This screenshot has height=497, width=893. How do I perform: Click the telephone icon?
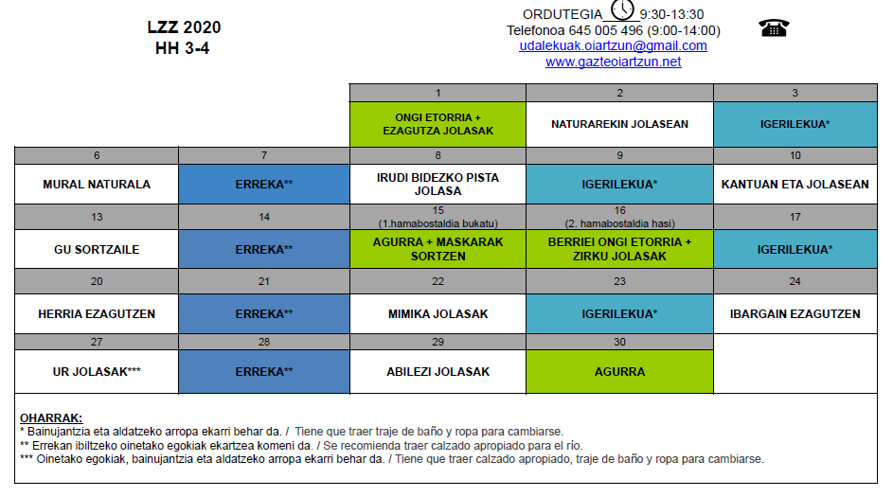774,27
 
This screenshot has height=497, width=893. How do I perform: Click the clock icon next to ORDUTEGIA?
622,9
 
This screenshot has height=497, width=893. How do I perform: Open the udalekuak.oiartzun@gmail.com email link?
613,45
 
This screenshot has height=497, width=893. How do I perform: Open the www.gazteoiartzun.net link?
613,62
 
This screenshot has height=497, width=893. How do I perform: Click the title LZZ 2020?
184,27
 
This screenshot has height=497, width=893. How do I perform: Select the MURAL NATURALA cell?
97,184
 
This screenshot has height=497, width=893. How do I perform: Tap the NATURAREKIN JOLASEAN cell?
619,124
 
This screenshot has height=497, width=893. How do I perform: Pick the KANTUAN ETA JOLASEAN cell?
795,184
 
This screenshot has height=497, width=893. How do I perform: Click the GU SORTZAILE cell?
97,249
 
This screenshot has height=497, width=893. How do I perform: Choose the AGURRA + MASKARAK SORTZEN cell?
438,249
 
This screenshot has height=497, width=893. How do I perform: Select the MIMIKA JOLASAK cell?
438,313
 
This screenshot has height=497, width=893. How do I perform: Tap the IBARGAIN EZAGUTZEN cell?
795,313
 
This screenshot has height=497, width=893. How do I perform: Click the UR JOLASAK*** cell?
97,372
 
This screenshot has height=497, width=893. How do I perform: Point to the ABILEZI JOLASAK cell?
438,372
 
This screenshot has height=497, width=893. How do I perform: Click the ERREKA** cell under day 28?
264,372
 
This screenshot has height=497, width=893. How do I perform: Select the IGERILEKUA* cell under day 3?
795,124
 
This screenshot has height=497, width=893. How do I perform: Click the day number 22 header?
438,281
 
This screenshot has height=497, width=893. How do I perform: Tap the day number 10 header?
795,155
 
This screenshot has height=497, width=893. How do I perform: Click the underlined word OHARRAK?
51,417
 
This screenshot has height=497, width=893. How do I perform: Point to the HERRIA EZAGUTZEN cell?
97,313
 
